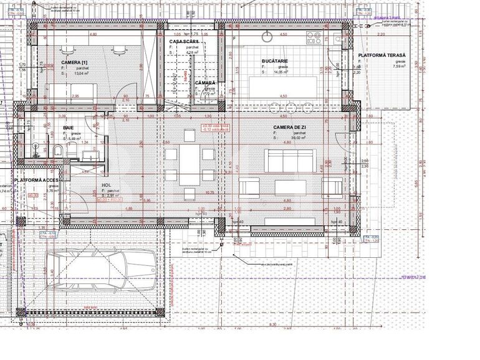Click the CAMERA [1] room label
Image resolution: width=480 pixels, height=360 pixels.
point(74,63)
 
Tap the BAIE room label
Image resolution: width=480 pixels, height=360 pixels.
point(68,127)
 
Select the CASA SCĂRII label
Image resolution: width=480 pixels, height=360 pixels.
point(183,41)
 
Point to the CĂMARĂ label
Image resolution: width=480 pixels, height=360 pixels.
point(204,83)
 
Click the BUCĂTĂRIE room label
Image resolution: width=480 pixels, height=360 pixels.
point(274,61)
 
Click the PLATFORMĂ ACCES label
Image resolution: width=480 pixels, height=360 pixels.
point(37,180)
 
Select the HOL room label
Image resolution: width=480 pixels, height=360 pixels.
point(106,185)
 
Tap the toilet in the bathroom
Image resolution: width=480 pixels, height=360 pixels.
point(57,150)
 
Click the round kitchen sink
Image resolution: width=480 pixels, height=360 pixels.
point(269,36)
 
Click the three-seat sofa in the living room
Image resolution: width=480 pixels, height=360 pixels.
point(290,161)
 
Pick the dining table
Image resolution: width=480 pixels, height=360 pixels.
point(190,165)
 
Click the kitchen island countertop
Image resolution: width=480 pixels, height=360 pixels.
point(282,85)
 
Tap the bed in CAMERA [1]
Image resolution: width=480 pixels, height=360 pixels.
point(70,93)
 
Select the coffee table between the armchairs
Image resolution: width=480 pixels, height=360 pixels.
point(290,187)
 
